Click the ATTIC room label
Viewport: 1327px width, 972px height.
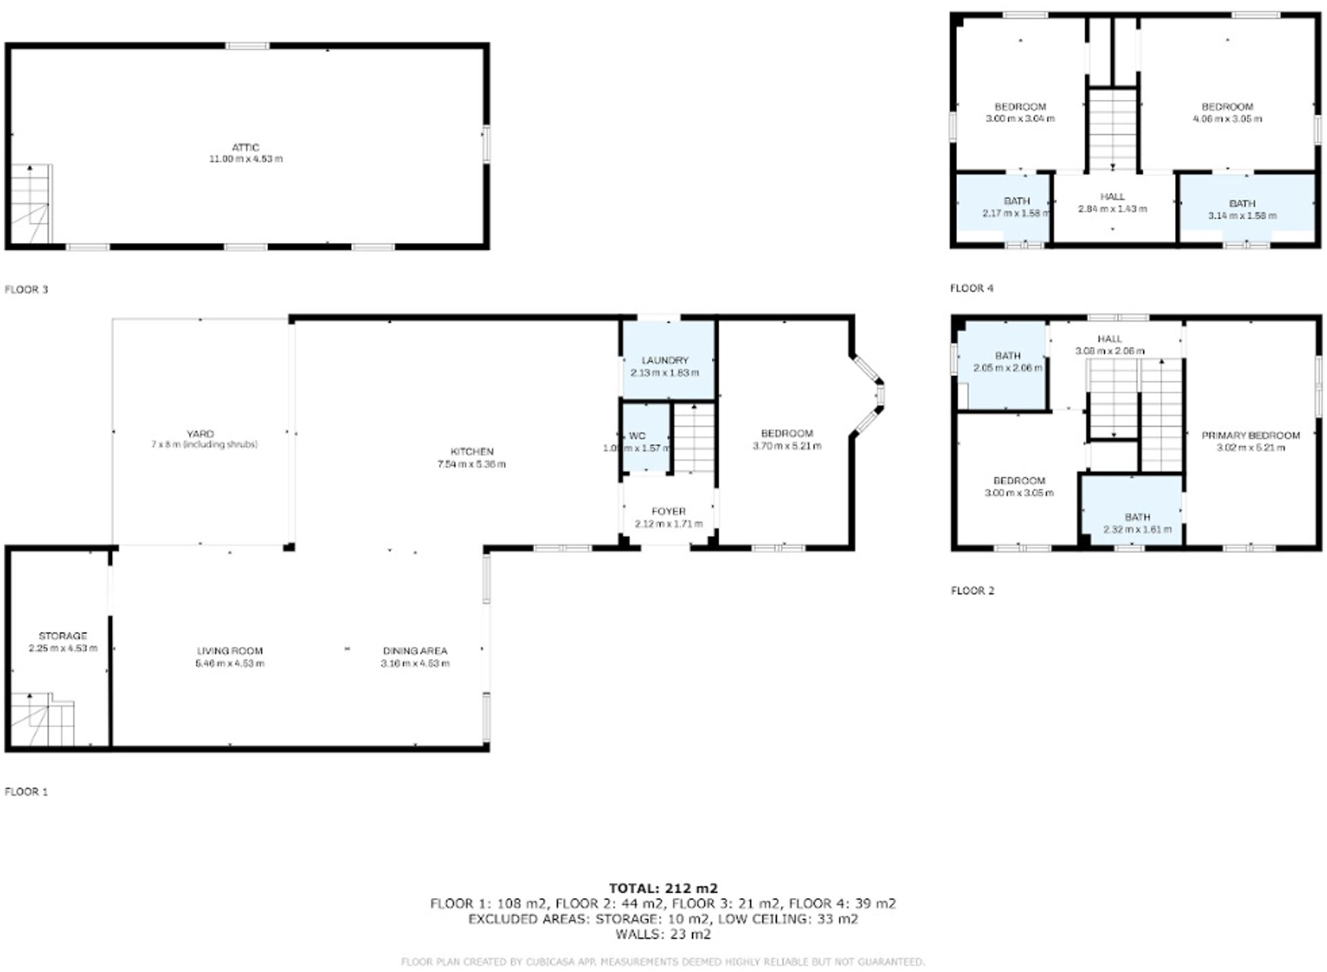point(246,147)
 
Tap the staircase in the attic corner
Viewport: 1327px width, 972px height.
point(31,204)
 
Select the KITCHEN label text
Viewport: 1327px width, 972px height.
point(472,451)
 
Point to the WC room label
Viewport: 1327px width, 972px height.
point(637,436)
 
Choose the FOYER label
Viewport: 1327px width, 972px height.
point(668,511)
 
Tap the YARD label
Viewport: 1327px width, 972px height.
point(200,434)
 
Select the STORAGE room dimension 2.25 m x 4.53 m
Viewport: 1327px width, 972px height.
point(63,648)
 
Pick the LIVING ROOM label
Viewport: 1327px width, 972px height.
point(229,650)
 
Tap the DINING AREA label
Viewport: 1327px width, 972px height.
point(415,650)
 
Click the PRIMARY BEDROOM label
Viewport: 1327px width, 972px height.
point(1250,435)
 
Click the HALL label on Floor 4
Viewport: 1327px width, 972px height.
point(1112,196)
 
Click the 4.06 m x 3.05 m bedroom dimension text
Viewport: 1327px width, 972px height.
point(1227,119)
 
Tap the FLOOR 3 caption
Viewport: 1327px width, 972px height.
point(26,289)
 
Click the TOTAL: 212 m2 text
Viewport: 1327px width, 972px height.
point(662,888)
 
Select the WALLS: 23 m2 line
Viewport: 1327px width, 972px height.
point(662,934)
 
